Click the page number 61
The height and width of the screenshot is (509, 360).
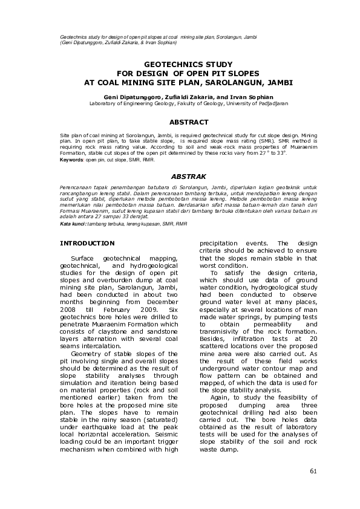313,472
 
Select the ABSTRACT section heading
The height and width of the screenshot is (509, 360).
180,122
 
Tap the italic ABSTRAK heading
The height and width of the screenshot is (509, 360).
180,177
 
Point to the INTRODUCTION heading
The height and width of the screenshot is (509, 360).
87,243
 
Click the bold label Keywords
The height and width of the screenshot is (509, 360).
72,160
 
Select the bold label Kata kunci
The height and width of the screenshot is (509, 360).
73,224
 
